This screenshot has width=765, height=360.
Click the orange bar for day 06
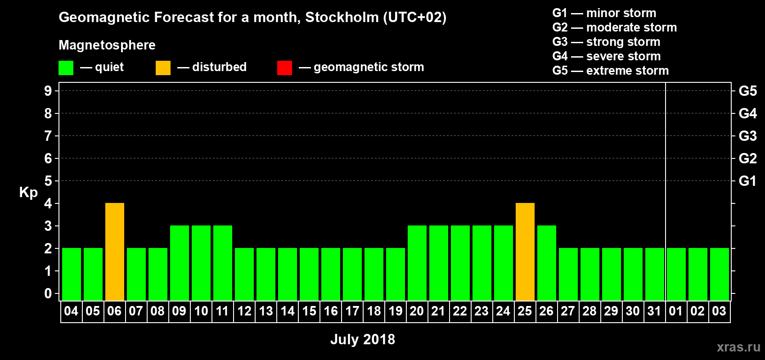115,252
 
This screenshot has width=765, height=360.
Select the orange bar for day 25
525,252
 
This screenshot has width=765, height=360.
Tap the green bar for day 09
180,263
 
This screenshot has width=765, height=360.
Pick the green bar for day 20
417,263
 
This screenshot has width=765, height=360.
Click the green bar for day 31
655,274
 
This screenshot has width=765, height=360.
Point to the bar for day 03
720,274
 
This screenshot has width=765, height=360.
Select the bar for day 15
309,274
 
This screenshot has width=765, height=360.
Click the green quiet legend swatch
66,68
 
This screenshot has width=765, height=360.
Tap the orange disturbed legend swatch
163,68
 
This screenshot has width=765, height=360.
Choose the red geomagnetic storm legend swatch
284,68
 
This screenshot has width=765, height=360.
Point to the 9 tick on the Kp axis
48,91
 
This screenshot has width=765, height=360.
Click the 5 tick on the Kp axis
48,181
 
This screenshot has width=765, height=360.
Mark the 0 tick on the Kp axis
48,293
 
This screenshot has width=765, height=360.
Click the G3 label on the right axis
747,136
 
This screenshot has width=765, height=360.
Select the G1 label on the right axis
747,181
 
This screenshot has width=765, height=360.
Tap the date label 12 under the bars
244,311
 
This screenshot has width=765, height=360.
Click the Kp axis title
28,192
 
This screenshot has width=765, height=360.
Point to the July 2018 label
363,339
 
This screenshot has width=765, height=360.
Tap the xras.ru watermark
738,347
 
